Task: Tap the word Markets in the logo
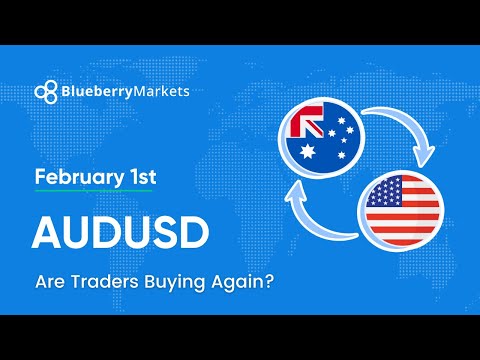point(160,91)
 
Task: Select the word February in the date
point(73,178)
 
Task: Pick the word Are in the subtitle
point(51,282)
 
